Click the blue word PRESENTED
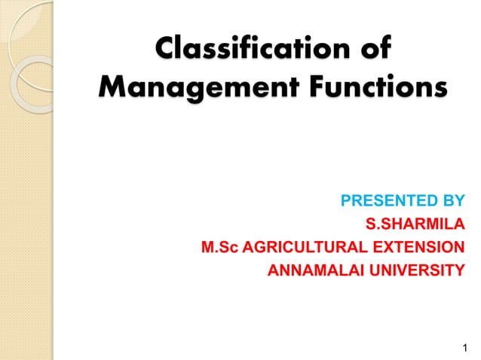[381, 201]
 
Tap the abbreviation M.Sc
[219, 247]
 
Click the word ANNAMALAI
[308, 270]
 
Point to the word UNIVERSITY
[410, 270]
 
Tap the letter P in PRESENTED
[346, 201]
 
